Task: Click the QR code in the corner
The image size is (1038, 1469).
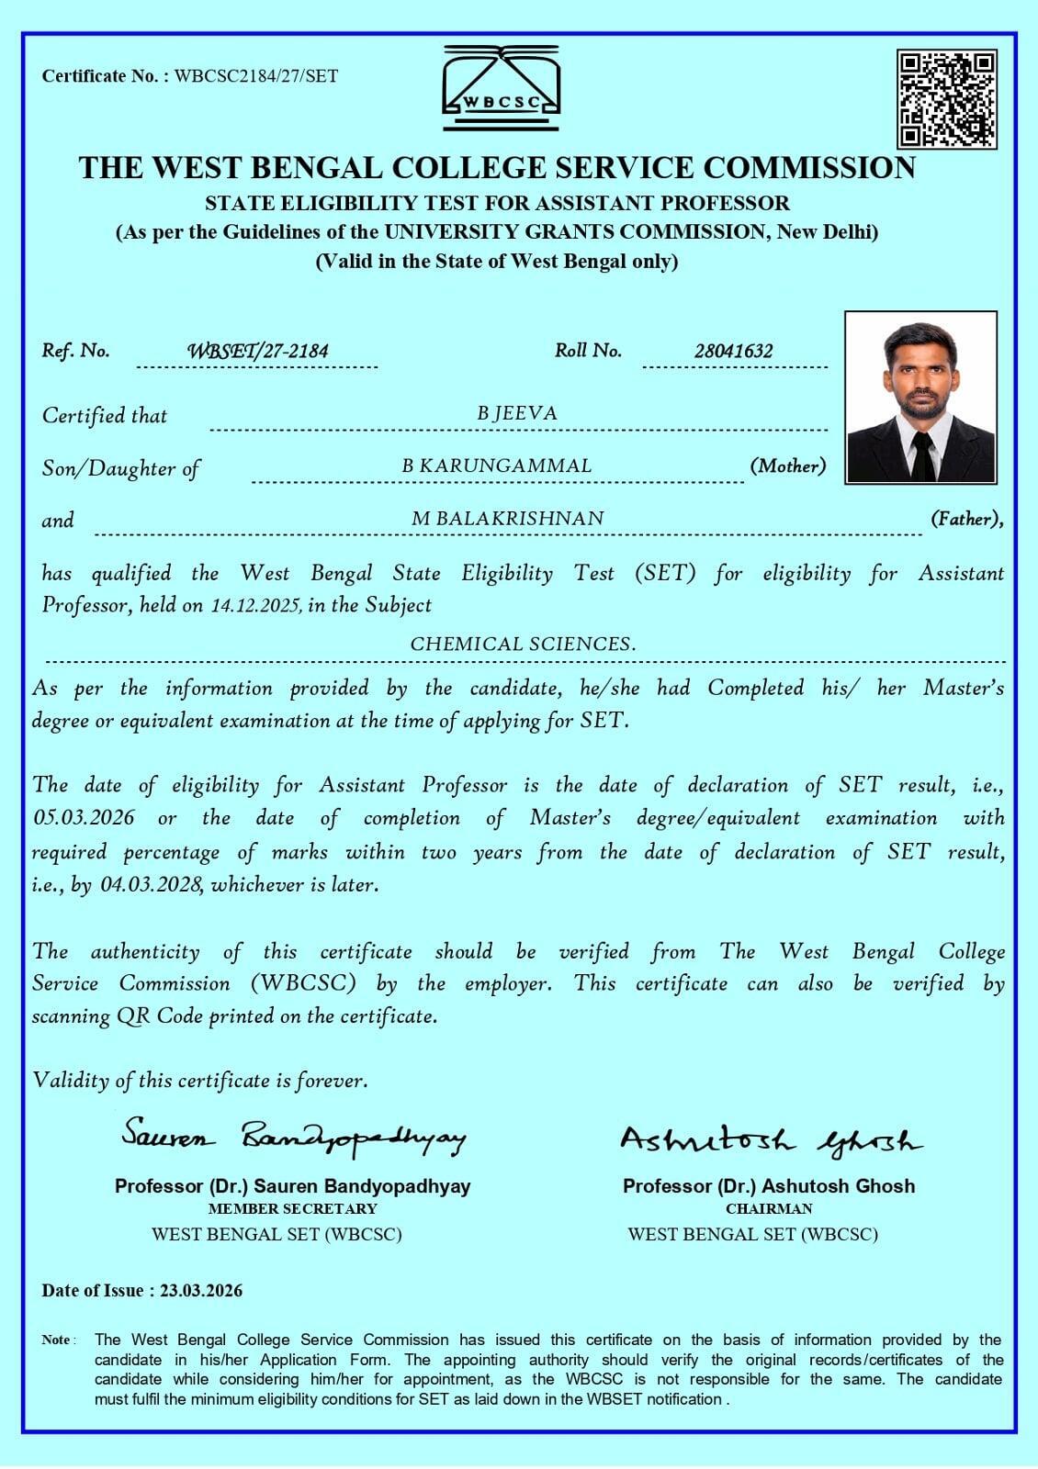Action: pyautogui.click(x=947, y=100)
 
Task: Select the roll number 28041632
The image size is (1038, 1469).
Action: pyautogui.click(x=734, y=351)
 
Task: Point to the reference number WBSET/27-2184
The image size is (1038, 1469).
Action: pyautogui.click(x=258, y=351)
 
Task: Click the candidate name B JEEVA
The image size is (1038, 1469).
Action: pyautogui.click(x=517, y=413)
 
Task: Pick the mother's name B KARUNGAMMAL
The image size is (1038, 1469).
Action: pyautogui.click(x=497, y=465)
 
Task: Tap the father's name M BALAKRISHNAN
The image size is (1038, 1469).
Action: pyautogui.click(x=508, y=519)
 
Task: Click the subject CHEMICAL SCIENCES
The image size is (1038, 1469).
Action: pyautogui.click(x=523, y=645)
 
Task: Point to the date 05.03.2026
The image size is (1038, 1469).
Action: pyautogui.click(x=85, y=818)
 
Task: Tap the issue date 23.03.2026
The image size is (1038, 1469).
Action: pyautogui.click(x=201, y=1291)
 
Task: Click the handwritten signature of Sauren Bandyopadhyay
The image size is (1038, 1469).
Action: pyautogui.click(x=294, y=1138)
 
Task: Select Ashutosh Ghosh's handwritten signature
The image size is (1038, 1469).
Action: pyautogui.click(x=770, y=1141)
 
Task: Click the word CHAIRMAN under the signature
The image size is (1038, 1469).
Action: pyautogui.click(x=769, y=1209)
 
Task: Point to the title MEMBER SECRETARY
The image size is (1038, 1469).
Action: pyautogui.click(x=292, y=1209)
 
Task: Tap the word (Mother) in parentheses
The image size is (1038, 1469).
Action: pyautogui.click(x=787, y=466)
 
